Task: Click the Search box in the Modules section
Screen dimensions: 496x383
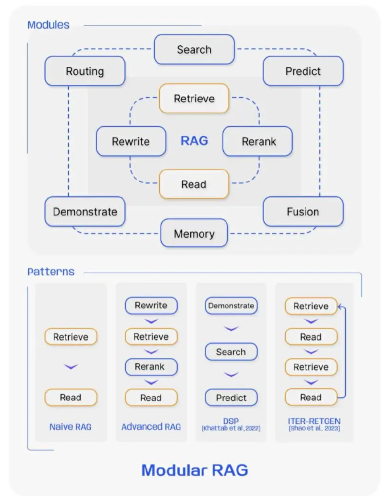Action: [x=194, y=50]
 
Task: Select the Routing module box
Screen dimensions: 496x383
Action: [x=85, y=71]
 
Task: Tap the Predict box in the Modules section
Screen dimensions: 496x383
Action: [x=303, y=71]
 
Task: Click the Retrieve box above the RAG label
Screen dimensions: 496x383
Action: [x=194, y=99]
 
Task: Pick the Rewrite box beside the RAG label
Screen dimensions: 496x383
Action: [x=131, y=141]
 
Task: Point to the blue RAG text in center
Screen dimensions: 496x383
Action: [x=194, y=141]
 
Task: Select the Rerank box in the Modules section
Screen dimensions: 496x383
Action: [x=258, y=141]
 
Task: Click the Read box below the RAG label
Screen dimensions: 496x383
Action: [x=194, y=184]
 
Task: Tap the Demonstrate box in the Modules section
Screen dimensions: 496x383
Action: [x=85, y=211]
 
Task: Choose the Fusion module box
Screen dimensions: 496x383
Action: [x=303, y=211]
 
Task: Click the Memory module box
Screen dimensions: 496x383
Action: [x=194, y=233]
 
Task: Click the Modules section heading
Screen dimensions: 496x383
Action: [x=48, y=25]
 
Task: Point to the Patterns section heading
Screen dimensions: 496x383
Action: [x=51, y=272]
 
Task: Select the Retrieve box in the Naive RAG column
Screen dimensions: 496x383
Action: [x=71, y=337]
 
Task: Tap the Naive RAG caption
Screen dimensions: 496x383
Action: [x=70, y=427]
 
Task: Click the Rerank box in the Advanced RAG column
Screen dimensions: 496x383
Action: [x=151, y=367]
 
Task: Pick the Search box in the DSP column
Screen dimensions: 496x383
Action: [x=231, y=352]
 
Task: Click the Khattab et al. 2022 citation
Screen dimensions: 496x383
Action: [x=231, y=428]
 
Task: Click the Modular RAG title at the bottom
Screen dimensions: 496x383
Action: [x=195, y=470]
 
